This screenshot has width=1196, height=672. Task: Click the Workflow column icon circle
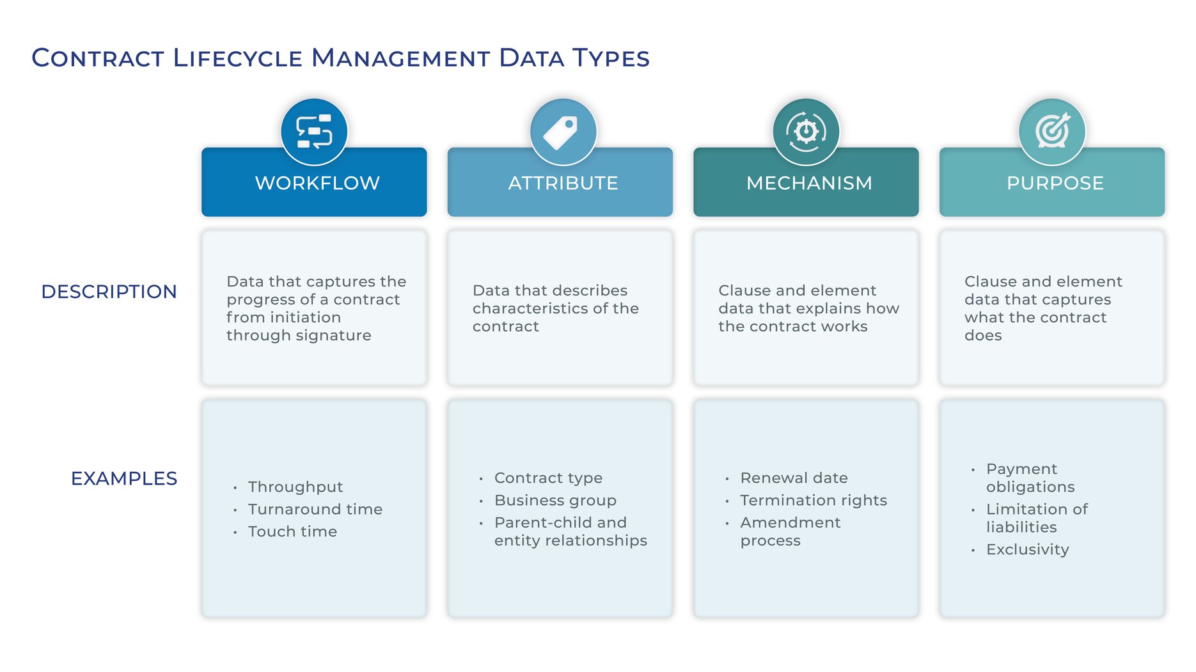tap(314, 132)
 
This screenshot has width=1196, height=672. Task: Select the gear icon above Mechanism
tap(806, 132)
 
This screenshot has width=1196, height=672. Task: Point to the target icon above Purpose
tap(1052, 132)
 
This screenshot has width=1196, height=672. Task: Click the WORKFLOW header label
tap(317, 184)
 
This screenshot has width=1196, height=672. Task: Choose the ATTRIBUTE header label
tap(563, 184)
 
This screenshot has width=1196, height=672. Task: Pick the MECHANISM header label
tap(809, 184)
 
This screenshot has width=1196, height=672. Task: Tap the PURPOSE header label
tap(1055, 184)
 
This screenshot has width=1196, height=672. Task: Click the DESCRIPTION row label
tap(109, 292)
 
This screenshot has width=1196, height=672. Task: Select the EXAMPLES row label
tap(123, 478)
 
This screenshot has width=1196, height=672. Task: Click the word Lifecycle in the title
tap(237, 58)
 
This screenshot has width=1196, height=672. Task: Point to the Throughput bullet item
tap(295, 487)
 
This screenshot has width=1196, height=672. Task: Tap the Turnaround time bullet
tap(315, 510)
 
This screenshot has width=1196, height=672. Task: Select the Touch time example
tap(292, 532)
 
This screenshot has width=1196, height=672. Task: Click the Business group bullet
tap(555, 501)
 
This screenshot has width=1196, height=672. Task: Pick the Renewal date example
tap(794, 478)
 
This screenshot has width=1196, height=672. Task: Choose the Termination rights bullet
tap(814, 501)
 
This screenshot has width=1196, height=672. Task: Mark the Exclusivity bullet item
tap(1027, 550)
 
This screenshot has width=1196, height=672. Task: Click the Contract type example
tap(548, 478)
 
